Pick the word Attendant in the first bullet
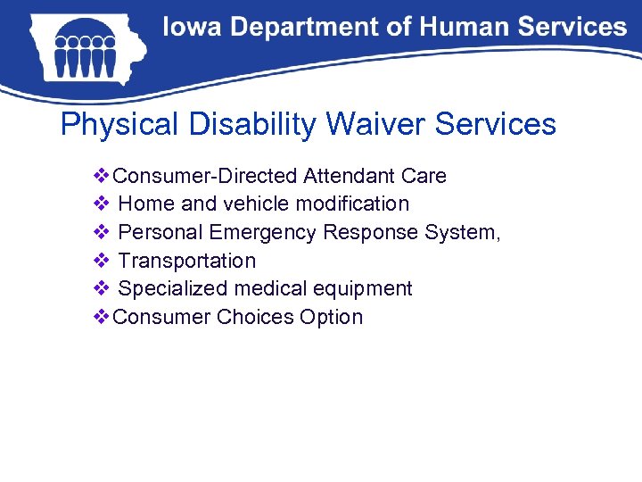(350, 176)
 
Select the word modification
(355, 204)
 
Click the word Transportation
(186, 261)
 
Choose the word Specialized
(172, 289)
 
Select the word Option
(332, 318)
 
